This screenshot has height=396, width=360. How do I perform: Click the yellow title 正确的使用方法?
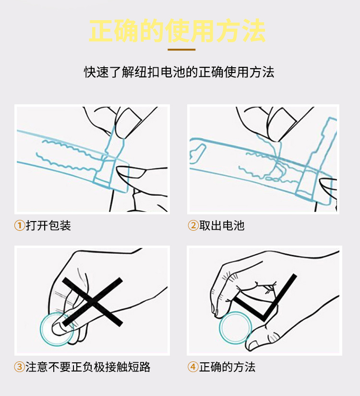click(x=177, y=31)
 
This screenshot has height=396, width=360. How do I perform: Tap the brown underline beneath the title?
click(x=181, y=50)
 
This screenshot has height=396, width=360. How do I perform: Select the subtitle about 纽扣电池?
click(x=179, y=72)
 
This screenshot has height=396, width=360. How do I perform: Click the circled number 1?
click(x=19, y=225)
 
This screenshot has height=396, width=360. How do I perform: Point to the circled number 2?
click(x=193, y=225)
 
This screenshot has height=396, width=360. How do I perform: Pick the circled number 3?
click(x=19, y=367)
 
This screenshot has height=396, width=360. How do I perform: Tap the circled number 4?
click(x=193, y=367)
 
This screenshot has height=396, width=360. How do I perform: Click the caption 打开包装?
click(x=48, y=225)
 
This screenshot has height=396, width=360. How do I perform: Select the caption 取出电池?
click(x=222, y=225)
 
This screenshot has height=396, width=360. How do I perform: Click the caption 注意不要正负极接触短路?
click(x=88, y=367)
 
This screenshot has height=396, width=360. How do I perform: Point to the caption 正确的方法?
click(x=228, y=367)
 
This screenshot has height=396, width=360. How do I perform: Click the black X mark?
click(x=93, y=302)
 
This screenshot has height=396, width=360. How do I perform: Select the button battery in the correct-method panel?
click(x=235, y=328)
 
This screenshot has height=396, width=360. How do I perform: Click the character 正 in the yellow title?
click(x=101, y=31)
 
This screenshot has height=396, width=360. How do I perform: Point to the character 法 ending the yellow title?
click(x=253, y=31)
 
